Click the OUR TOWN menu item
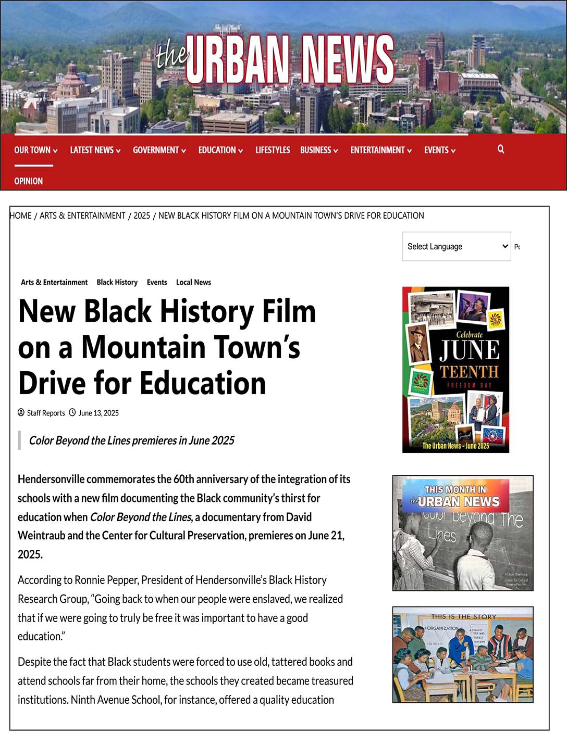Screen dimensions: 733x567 point(35,150)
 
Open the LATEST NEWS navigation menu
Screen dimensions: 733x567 point(95,150)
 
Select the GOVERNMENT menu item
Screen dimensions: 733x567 point(159,150)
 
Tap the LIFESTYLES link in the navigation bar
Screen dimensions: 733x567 point(273,150)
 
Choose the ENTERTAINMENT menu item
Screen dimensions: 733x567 point(380,150)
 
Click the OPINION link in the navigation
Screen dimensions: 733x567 point(29,181)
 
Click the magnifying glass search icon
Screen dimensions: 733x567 point(501,149)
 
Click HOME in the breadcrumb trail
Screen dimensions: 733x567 point(21,216)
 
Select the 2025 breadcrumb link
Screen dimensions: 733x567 point(142,216)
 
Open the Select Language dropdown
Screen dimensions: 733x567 point(456,246)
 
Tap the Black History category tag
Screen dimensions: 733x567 point(117,282)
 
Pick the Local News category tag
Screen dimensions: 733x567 point(193,282)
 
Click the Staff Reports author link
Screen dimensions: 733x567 point(46,413)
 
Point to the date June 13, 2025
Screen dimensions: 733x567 point(98,413)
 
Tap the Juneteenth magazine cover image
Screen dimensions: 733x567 point(455,369)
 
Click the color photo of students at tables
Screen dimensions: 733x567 point(462,654)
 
